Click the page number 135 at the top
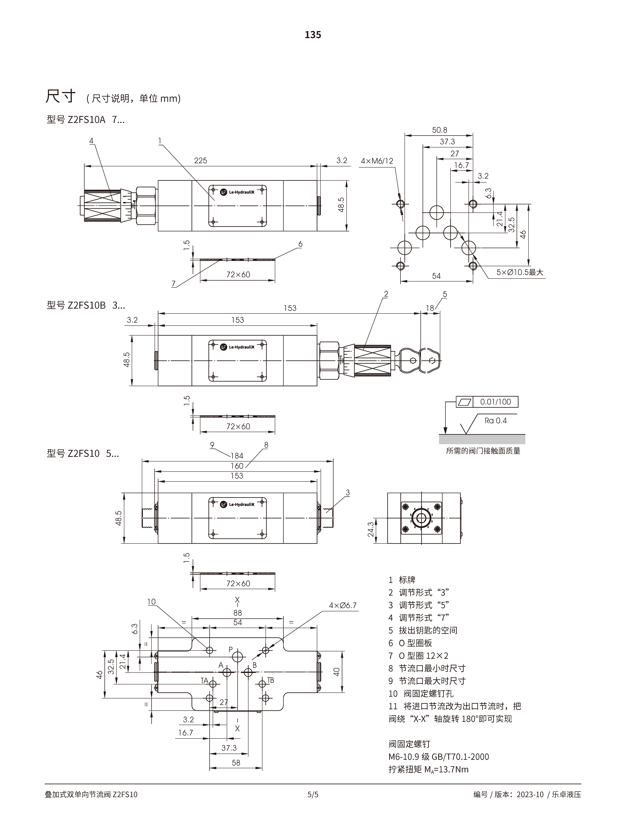313,35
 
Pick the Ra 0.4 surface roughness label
495,420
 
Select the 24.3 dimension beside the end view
371,529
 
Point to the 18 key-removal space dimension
430,308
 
